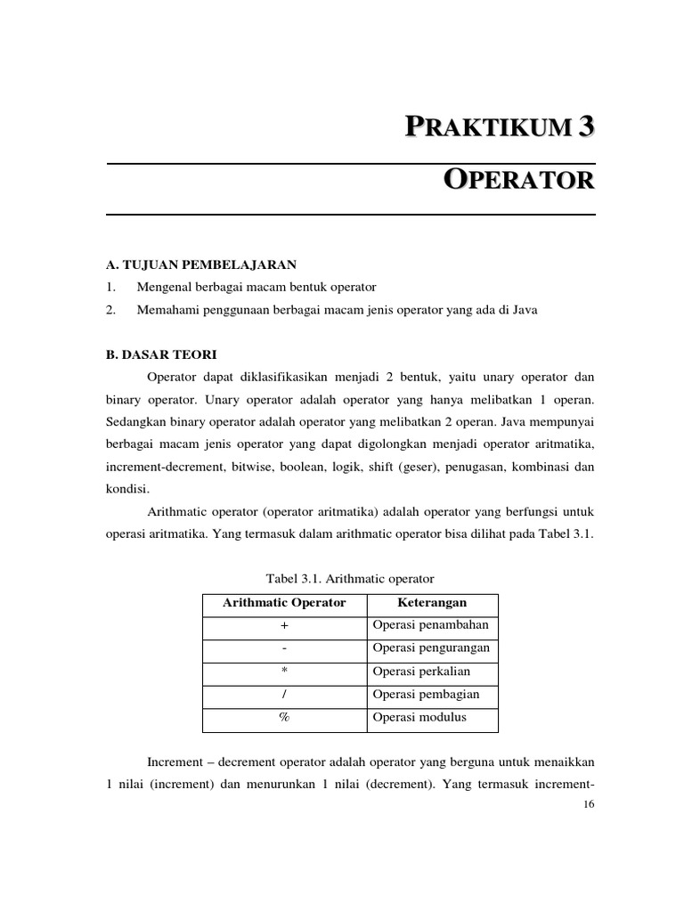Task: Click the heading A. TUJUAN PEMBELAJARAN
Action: (200, 265)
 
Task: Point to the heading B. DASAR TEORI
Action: (160, 354)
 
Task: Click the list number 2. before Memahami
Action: (110, 310)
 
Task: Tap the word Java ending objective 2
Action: (525, 310)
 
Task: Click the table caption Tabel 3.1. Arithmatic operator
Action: (349, 579)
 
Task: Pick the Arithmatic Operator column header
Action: (284, 603)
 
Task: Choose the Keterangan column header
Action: (432, 603)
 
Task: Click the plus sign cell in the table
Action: (284, 626)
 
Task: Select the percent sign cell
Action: (284, 718)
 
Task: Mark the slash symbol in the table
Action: (284, 695)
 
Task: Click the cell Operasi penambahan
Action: (431, 625)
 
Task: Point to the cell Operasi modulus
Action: (419, 718)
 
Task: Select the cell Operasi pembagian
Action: (426, 695)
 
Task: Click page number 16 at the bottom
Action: (588, 804)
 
